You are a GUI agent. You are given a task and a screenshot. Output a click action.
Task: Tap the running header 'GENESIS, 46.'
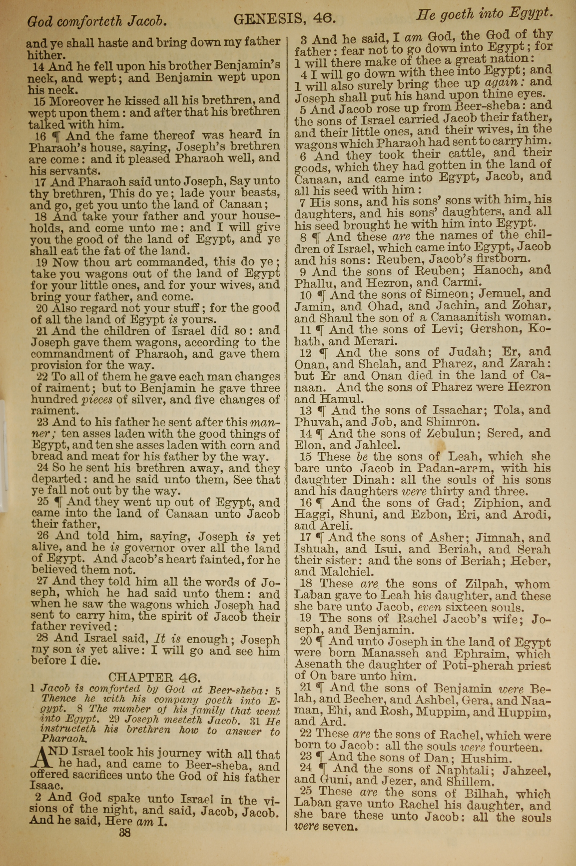pos(285,19)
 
